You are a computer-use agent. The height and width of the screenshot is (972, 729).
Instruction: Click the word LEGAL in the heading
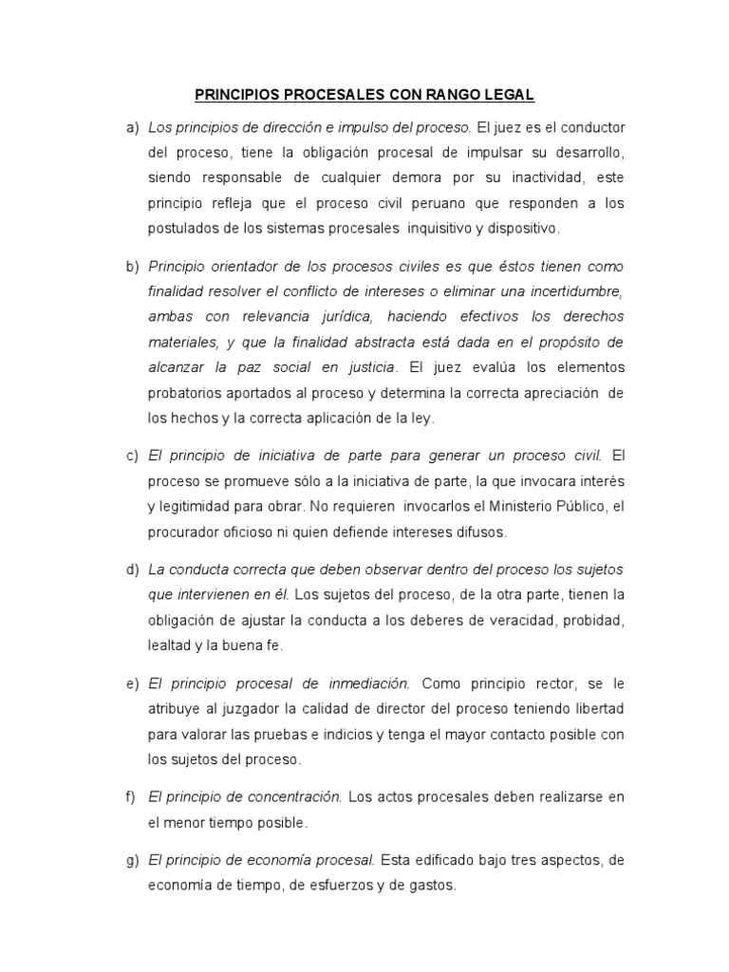pyautogui.click(x=507, y=95)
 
